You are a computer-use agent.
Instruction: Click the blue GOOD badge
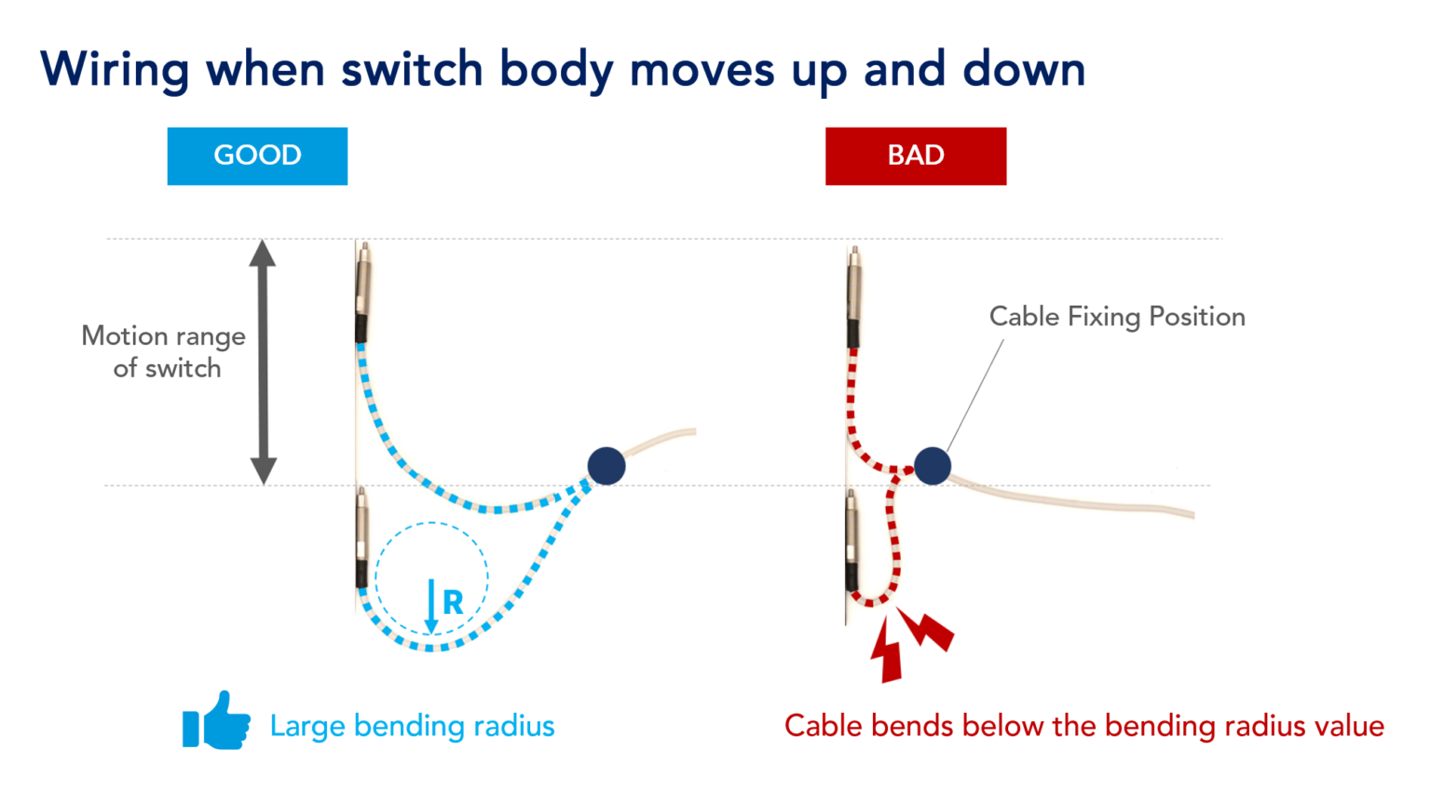(x=257, y=156)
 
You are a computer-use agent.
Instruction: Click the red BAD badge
(x=915, y=156)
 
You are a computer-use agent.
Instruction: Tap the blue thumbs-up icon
(x=217, y=721)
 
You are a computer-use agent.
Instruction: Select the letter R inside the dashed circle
(x=453, y=603)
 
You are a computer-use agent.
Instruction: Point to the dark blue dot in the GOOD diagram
(x=606, y=465)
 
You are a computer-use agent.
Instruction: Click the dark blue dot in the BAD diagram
(x=932, y=466)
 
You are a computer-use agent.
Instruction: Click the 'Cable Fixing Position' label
(x=1116, y=317)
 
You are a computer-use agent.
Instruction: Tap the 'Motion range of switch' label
(x=165, y=351)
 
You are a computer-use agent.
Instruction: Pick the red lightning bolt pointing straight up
(x=888, y=651)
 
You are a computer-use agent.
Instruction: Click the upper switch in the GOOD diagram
(x=363, y=293)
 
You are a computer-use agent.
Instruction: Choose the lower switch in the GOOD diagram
(x=361, y=539)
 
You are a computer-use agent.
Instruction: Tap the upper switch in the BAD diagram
(x=853, y=298)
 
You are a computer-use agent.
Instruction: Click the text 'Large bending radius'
(x=412, y=726)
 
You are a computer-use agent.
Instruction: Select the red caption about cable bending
(x=1083, y=726)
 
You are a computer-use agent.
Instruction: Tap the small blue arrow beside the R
(x=431, y=606)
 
